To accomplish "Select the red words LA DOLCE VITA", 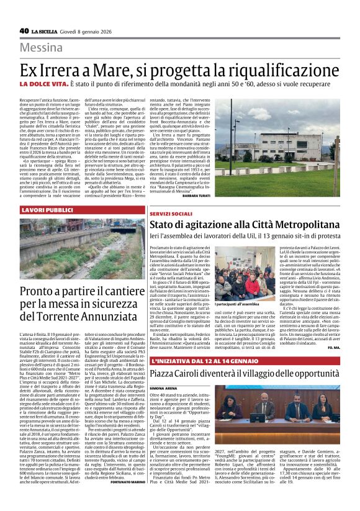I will click(x=61, y=84).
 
